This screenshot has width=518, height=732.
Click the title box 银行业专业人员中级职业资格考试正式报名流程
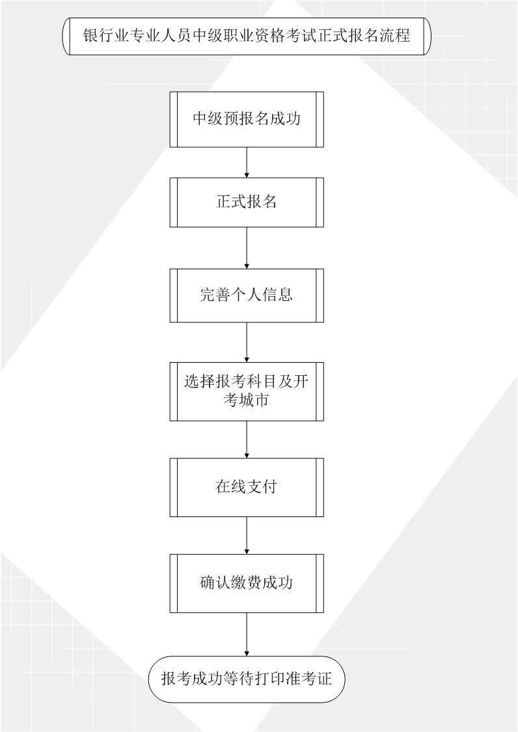click(247, 36)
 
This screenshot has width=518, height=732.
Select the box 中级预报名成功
click(247, 120)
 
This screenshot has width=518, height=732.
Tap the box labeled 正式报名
click(247, 202)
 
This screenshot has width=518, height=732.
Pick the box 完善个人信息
click(247, 295)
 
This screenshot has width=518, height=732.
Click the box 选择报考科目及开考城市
click(247, 391)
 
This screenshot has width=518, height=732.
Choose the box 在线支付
click(247, 487)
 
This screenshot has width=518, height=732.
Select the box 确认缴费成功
click(247, 583)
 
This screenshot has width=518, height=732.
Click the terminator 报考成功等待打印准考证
click(247, 679)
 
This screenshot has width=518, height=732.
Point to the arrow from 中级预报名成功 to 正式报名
click(247, 162)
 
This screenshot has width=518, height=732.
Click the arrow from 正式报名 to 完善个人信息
click(247, 248)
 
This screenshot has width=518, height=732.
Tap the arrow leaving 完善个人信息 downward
click(247, 342)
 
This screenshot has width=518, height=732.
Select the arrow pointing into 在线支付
click(247, 440)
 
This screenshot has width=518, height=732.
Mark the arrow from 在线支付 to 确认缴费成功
click(247, 535)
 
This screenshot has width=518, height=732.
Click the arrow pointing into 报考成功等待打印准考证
click(247, 634)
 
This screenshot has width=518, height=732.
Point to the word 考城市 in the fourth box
click(247, 400)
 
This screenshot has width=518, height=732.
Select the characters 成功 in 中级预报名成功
click(286, 119)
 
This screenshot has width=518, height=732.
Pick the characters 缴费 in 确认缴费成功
click(247, 583)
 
